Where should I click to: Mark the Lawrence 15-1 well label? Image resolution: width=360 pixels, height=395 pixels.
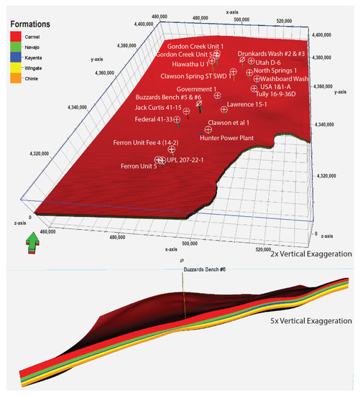[247, 104]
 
